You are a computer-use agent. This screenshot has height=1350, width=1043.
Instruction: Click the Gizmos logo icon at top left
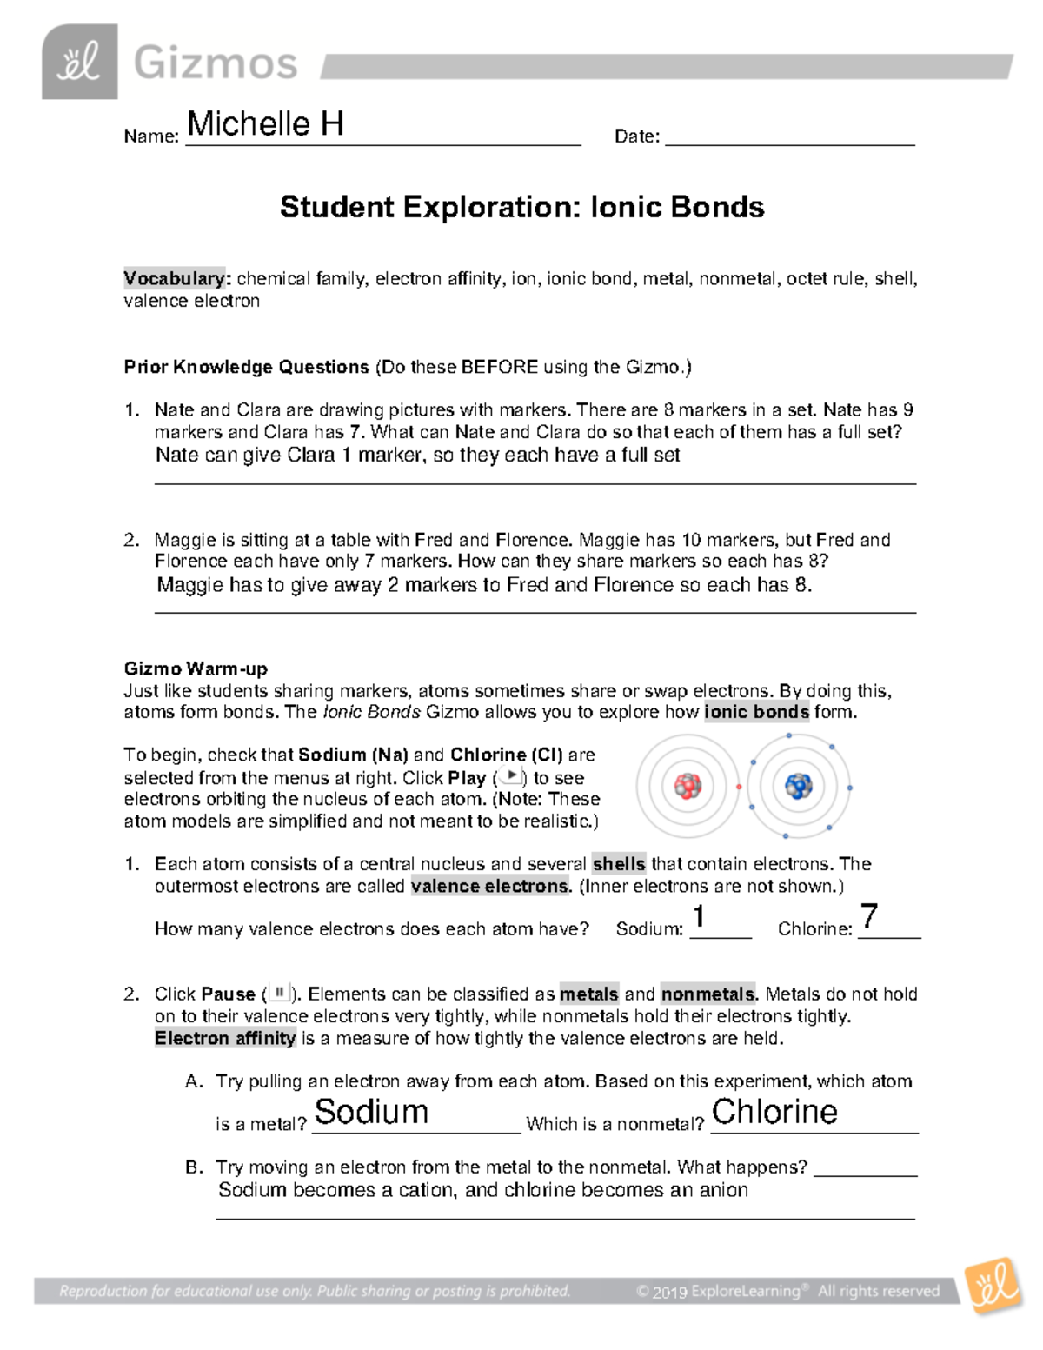[79, 62]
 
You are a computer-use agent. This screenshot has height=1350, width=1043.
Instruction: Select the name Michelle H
[265, 124]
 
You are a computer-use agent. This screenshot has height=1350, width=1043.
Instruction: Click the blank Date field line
[789, 137]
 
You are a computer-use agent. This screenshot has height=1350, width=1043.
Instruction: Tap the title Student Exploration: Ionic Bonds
[521, 207]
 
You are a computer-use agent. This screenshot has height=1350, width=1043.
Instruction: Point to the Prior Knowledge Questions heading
[246, 367]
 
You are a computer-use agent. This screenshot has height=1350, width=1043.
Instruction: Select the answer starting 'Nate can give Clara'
[417, 455]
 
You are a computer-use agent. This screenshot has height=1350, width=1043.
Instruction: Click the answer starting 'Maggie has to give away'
[484, 585]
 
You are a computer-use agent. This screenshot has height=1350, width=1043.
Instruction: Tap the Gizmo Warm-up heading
[196, 668]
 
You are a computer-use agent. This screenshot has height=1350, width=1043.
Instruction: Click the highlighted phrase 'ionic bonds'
[756, 712]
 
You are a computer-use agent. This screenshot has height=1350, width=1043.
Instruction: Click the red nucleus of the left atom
[688, 786]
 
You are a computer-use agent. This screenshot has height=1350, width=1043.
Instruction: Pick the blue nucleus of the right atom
[798, 786]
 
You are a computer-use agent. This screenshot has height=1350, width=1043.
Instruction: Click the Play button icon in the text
[511, 776]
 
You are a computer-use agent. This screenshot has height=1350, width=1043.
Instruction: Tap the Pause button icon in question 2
[279, 993]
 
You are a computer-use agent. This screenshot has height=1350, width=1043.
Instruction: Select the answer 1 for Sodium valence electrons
[699, 917]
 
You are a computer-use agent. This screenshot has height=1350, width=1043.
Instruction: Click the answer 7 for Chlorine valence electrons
[868, 916]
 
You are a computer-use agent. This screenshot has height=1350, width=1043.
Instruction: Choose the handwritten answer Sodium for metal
[371, 1112]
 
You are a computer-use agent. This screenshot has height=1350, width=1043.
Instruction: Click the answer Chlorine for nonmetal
[774, 1112]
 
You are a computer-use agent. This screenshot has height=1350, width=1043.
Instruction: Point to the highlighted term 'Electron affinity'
[225, 1038]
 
